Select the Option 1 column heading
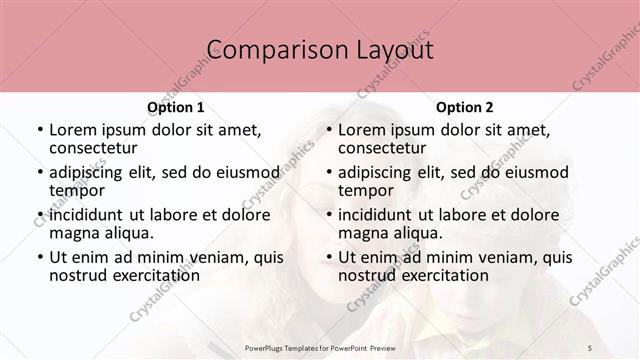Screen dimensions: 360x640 point(175,107)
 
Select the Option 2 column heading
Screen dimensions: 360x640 point(464,107)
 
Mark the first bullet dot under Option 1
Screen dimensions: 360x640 point(39,130)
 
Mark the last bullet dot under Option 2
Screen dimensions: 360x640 point(328,257)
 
